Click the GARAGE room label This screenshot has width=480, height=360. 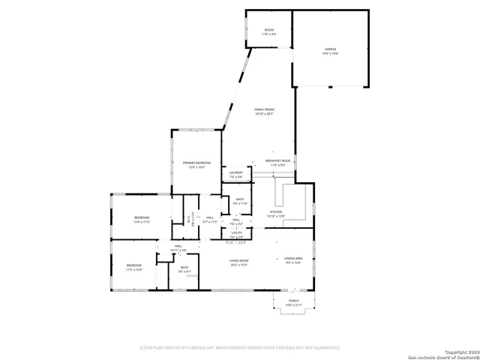click(331, 49)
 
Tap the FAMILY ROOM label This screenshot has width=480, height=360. click(264, 110)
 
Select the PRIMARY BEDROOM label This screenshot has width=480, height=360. click(197, 163)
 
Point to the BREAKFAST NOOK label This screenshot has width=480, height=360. click(277, 160)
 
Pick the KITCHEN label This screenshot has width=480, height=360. click(277, 212)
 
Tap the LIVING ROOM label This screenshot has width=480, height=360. click(239, 260)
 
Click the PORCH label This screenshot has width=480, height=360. click(293, 300)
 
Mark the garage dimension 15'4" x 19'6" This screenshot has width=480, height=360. click(331, 54)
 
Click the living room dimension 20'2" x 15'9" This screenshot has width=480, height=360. click(239, 265)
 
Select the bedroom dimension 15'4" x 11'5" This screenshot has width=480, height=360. click(142, 222)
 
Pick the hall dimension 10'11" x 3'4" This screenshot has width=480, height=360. click(178, 250)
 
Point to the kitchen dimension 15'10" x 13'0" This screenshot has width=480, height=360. click(277, 217)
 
